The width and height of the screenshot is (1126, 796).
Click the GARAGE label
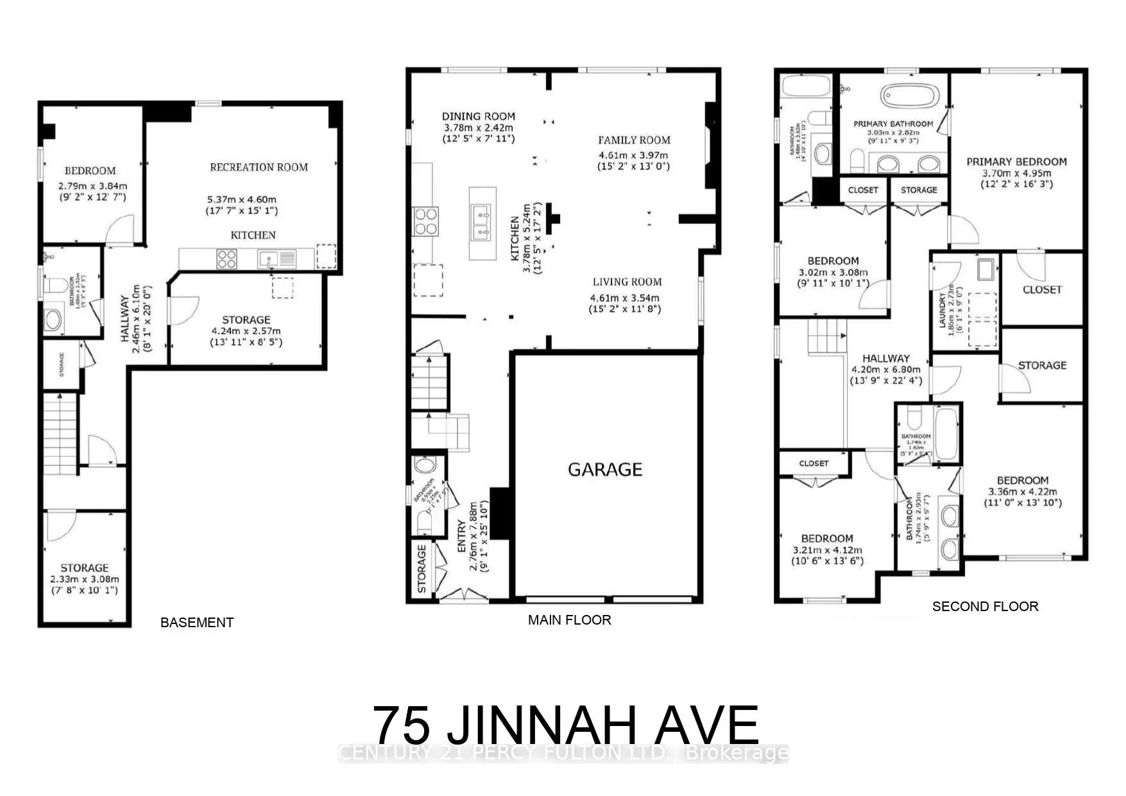[x=604, y=469]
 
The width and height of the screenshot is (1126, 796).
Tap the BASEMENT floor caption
[x=196, y=622]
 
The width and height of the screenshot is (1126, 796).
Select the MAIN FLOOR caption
[x=569, y=619]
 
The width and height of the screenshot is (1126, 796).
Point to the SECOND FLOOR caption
[x=985, y=606]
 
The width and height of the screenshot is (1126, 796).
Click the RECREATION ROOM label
[x=259, y=167]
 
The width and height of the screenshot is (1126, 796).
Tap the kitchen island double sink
[x=482, y=222]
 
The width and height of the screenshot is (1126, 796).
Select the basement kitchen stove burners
[x=226, y=259]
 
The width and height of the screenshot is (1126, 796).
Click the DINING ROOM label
[x=478, y=116]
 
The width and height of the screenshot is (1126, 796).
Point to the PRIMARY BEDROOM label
[x=1016, y=162]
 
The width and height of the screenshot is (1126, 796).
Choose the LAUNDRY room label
[x=942, y=310]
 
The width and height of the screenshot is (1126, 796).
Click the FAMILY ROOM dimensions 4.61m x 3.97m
[x=633, y=155]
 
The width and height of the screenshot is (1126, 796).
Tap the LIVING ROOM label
[x=627, y=282]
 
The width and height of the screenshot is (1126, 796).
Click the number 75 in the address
[x=402, y=725]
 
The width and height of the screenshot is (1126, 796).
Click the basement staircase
[x=60, y=434]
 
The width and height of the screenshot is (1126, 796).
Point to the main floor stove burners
[x=425, y=221]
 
